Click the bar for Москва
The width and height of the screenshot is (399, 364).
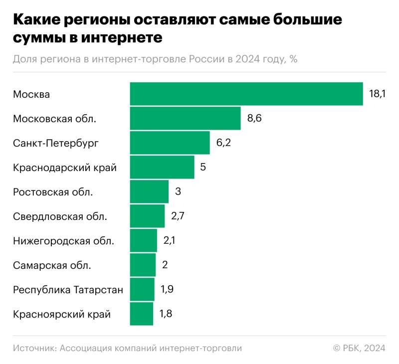coord(246,94)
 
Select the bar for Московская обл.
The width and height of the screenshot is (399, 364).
coord(185,118)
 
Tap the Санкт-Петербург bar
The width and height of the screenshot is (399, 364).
coord(170,143)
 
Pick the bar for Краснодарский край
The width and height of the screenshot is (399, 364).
coord(162,167)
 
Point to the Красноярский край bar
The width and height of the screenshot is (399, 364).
coord(142,314)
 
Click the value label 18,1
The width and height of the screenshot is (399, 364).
coord(378,94)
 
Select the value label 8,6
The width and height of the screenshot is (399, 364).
coord(254,118)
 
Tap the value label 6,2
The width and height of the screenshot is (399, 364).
coord(223,143)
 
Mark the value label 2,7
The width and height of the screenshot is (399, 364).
coord(179,216)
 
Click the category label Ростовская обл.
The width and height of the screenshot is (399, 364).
coord(53,192)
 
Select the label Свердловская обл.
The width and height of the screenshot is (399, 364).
coord(60,216)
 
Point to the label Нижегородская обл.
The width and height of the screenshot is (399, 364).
coord(63,241)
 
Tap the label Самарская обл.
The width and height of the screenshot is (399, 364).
coord(52,265)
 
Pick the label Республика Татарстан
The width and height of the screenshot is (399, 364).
coord(68,290)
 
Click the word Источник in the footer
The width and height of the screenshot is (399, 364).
coord(33,348)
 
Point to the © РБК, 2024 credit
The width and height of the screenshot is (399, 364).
coord(359,348)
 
